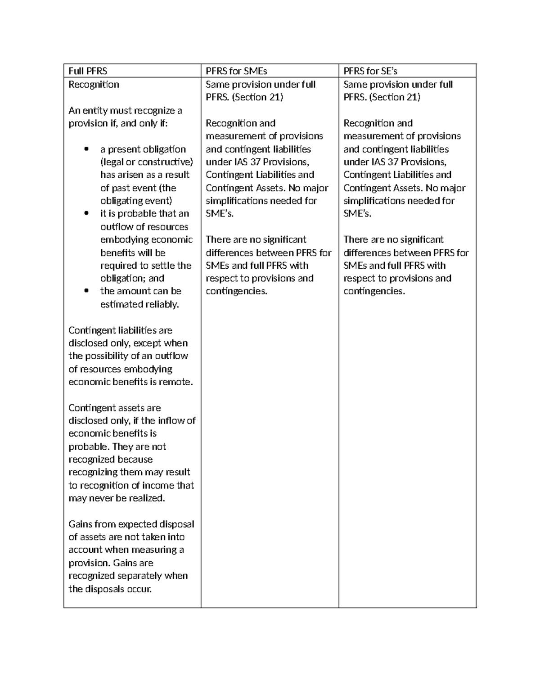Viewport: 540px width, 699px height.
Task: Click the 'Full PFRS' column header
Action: pyautogui.click(x=88, y=71)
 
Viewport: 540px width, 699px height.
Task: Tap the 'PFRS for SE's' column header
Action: pyautogui.click(x=370, y=71)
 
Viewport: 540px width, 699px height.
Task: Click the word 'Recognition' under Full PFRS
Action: pyautogui.click(x=94, y=84)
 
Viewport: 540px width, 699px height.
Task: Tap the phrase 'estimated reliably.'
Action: pyautogui.click(x=139, y=304)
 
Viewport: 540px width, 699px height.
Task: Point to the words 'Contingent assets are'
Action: pyautogui.click(x=114, y=408)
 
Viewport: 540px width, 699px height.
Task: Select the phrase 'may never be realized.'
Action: pyautogui.click(x=117, y=498)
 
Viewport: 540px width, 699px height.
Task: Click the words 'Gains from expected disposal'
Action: pyautogui.click(x=131, y=524)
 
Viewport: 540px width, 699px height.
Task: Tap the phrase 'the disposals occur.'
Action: pyautogui.click(x=110, y=589)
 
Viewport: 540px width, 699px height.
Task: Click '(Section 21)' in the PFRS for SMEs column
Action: pyautogui.click(x=257, y=97)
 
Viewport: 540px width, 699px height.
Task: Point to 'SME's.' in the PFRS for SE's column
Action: pyautogui.click(x=357, y=214)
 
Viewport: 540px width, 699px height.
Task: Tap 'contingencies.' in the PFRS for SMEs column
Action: pyautogui.click(x=236, y=291)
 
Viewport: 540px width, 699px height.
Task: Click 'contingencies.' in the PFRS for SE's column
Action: pyautogui.click(x=374, y=291)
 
